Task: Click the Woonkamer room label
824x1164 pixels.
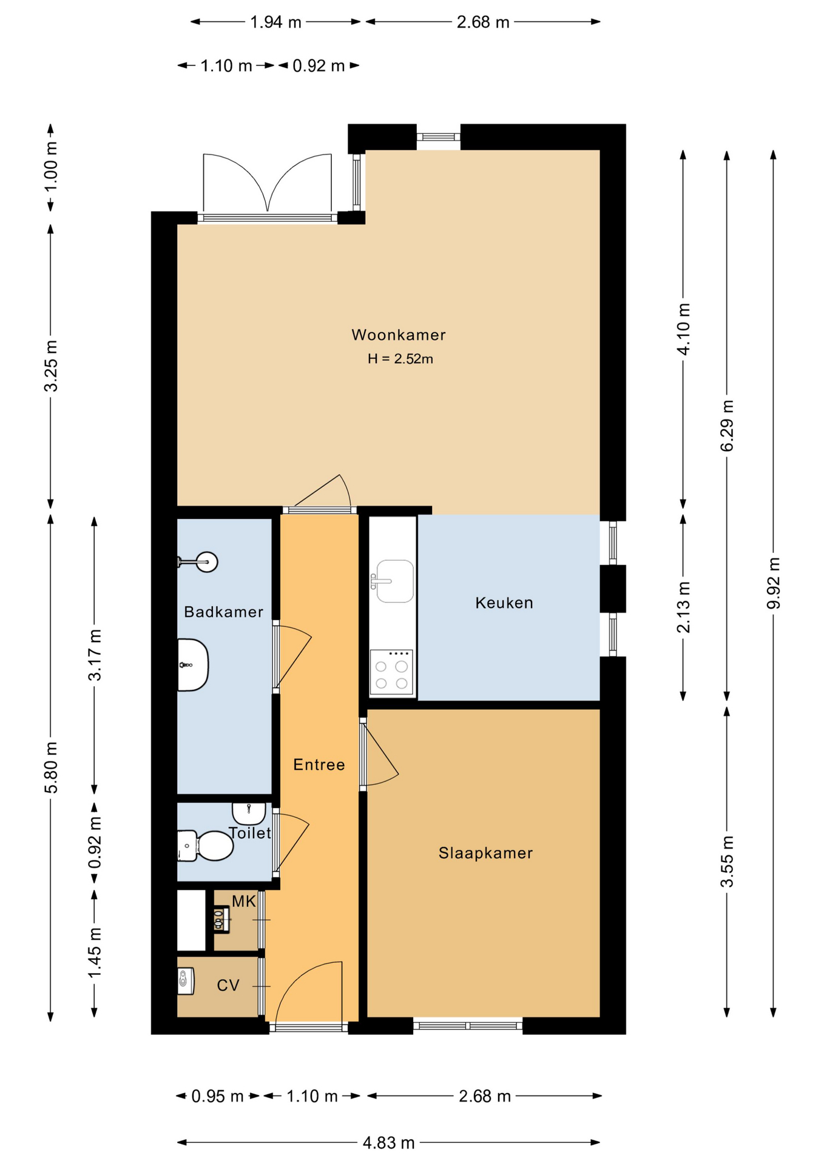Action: point(399,335)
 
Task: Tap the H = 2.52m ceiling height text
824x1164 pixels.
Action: point(400,359)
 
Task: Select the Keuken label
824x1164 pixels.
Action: point(504,603)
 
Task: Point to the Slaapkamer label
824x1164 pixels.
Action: point(485,853)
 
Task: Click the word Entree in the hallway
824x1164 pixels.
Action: point(319,764)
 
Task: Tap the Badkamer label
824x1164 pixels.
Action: point(224,612)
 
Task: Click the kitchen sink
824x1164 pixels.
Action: point(394,581)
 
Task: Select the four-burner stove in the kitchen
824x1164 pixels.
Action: point(392,672)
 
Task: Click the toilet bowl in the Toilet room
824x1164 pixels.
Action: point(206,846)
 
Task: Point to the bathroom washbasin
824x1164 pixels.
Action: point(193,664)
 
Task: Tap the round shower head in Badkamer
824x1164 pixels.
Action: point(207,562)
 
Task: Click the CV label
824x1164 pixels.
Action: point(228,986)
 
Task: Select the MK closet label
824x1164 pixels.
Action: point(244,901)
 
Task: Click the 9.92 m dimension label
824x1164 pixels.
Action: point(773,583)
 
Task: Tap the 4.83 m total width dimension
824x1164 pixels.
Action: point(388,1143)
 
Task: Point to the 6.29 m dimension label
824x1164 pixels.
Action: point(727,426)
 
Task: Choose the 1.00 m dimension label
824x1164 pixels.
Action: point(51,166)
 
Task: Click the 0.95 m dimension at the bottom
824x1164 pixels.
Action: point(217,1096)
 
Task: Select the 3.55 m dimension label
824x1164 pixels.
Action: point(727,861)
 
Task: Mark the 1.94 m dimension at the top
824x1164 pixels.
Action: point(275,22)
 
